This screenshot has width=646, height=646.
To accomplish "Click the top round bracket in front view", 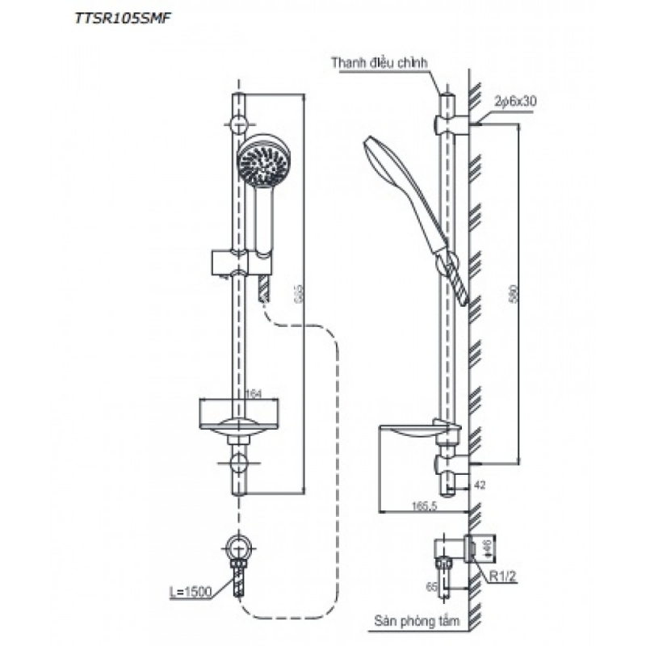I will [239, 124].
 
